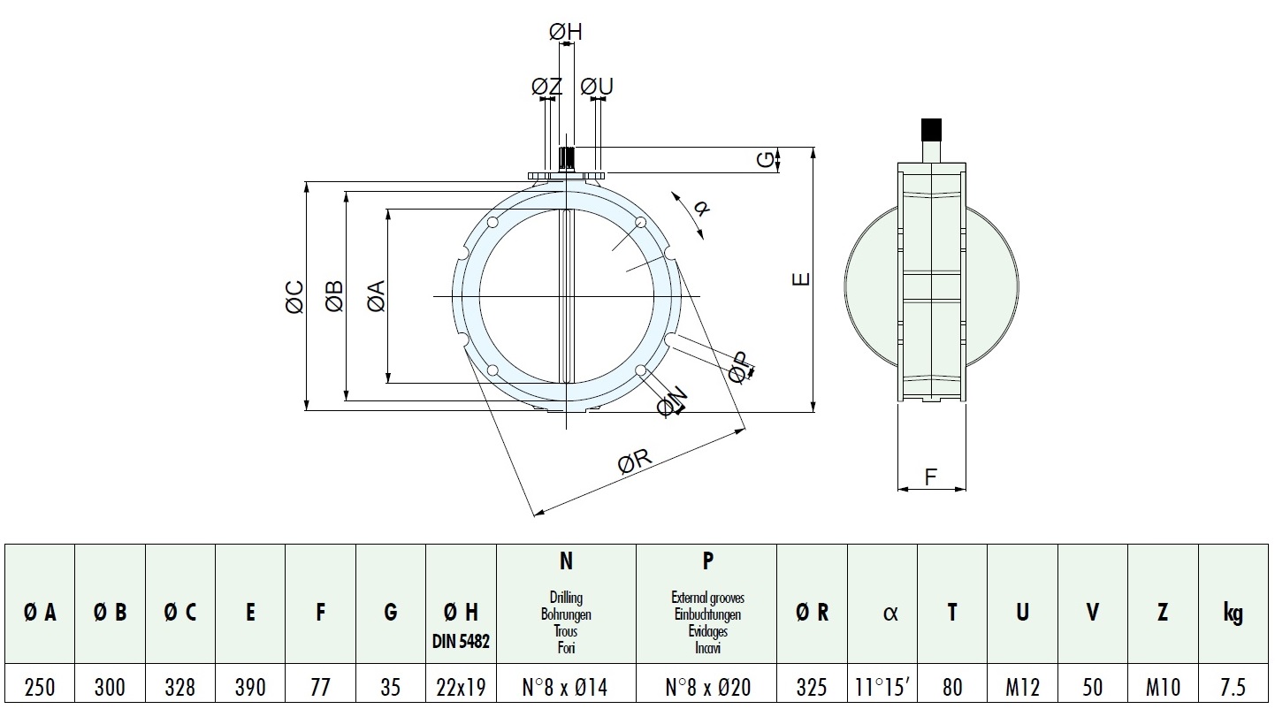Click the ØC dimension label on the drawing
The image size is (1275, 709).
[x=295, y=297]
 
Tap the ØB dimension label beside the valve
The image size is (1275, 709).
[x=334, y=297]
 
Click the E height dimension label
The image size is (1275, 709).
[x=800, y=279]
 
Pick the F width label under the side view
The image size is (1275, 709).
[x=930, y=477]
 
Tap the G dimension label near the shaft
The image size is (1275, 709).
[x=766, y=160]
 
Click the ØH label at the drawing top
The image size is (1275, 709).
[x=566, y=33]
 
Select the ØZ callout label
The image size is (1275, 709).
[x=546, y=87]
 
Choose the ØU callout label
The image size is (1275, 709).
[x=597, y=87]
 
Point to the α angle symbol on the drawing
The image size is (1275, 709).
[x=701, y=209]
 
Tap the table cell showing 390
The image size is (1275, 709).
[x=250, y=687]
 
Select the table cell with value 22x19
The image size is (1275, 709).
[x=461, y=687]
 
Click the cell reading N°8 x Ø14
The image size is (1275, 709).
[x=566, y=687]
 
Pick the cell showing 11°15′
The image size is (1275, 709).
[x=882, y=687]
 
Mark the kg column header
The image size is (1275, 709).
[x=1233, y=613]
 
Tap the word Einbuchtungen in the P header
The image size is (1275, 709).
[x=706, y=614]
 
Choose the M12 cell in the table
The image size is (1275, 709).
[x=1022, y=687]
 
